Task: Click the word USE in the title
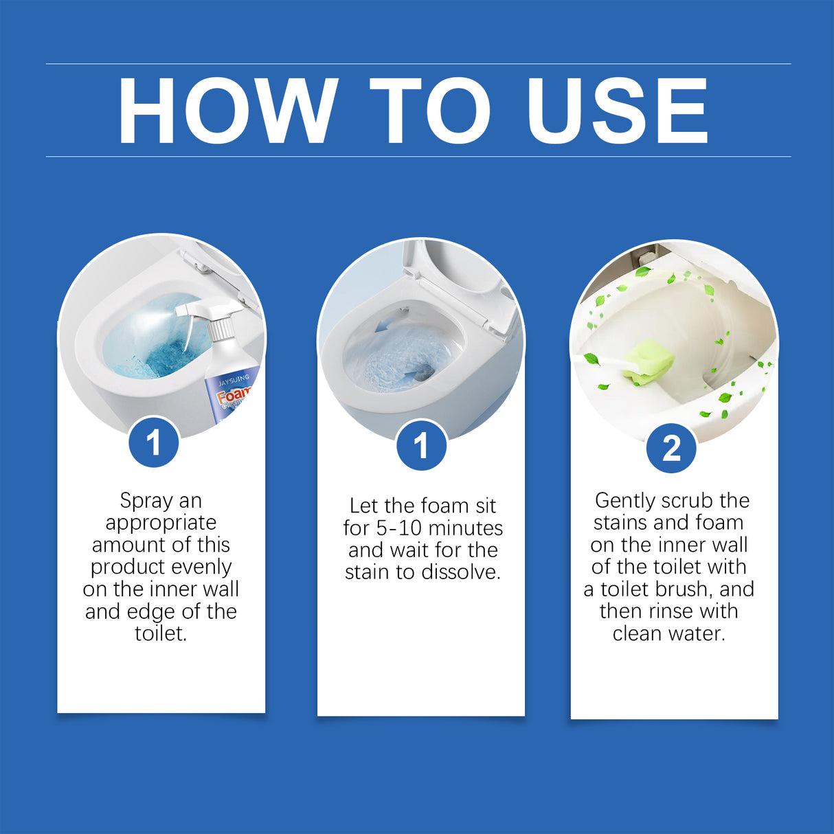[x=616, y=111]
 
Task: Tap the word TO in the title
[x=431, y=111]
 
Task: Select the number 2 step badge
[x=671, y=449]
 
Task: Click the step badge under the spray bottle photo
[x=154, y=442]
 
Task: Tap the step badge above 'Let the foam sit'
[x=421, y=446]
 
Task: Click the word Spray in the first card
[x=143, y=501]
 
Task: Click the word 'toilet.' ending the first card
[x=161, y=633]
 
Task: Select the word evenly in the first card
[x=202, y=567]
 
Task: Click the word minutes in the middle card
[x=466, y=528]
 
